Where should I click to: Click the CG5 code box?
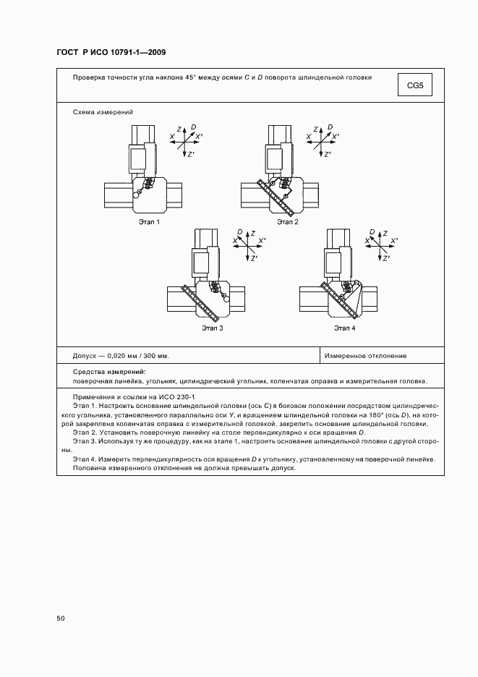(414, 86)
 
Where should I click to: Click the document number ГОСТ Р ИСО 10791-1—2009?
(111, 52)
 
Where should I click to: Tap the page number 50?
(61, 618)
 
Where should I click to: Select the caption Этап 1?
(149, 222)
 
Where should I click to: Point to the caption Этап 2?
(287, 222)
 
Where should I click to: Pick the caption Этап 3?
(212, 328)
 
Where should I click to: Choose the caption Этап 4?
(344, 328)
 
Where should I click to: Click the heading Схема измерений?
(103, 112)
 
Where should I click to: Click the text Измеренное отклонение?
(365, 356)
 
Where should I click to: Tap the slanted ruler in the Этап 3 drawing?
(200, 302)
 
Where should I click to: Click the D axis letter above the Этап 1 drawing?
(193, 127)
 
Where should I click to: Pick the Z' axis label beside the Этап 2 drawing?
(327, 154)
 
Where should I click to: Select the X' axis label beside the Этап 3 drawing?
(263, 240)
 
